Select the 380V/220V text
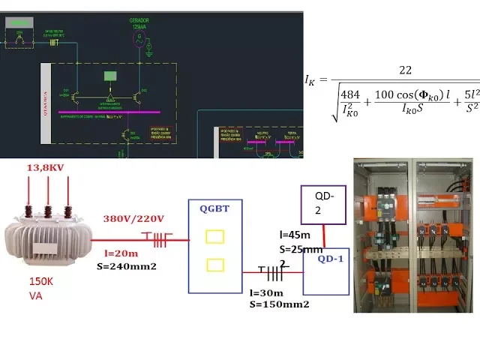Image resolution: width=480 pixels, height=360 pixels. tap(133, 218)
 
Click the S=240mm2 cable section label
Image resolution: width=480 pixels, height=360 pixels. tap(127, 266)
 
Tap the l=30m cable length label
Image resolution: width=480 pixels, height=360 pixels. tap(265, 292)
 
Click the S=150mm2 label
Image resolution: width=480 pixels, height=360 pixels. tap(279, 304)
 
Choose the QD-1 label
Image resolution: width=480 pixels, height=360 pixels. tap(330, 259)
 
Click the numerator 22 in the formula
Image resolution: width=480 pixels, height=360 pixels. tap(406, 70)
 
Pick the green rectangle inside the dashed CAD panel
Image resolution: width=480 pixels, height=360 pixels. tap(110, 75)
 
